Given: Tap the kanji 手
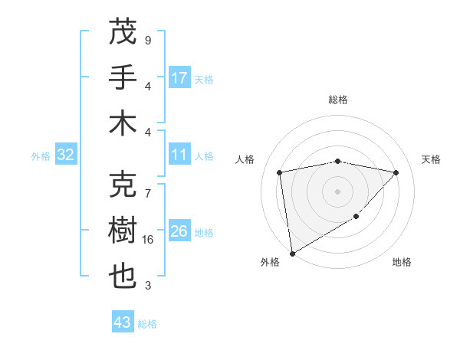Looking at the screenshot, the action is (123, 77).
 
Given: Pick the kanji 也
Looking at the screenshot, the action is (123, 276).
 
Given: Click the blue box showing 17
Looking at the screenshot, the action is (180, 78).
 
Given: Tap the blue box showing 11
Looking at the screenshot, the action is (180, 155).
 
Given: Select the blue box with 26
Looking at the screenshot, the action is (180, 231).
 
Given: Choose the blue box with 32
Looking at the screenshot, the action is (66, 155).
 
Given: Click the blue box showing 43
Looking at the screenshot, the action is (123, 322).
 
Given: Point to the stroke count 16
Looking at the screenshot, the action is (149, 240).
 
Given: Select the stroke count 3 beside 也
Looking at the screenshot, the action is (147, 286).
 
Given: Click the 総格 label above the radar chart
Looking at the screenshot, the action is (337, 100).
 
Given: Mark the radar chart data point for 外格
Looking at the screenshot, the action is (292, 253).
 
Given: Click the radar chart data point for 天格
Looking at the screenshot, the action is (396, 172).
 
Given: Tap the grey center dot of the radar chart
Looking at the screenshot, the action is (337, 191).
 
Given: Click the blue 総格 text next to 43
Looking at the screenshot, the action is (147, 324).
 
